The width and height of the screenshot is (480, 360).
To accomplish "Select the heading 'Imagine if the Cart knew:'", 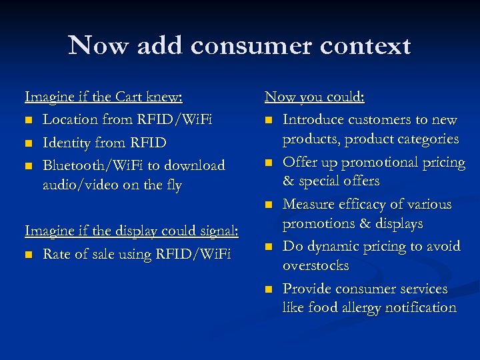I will coord(103,97).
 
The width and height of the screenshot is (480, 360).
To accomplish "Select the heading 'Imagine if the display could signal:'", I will coord(131,231).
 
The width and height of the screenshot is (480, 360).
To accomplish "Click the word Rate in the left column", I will coord(57,253).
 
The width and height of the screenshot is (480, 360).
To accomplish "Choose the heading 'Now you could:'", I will coord(315,97).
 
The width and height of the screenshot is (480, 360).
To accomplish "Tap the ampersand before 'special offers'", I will coord(288,181).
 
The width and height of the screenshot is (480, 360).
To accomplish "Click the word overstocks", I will coord(315,265).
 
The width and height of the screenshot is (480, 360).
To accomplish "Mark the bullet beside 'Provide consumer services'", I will coord(269,289).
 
